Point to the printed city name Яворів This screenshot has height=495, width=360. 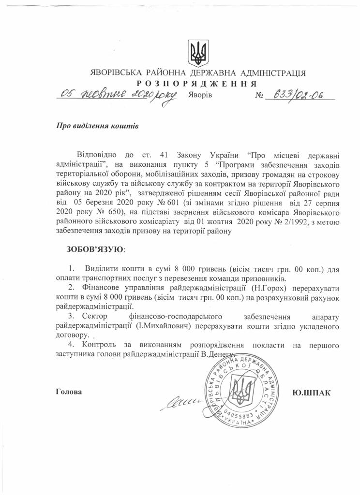(199, 95)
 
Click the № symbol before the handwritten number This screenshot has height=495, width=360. (258, 95)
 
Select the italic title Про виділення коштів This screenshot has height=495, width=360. (98, 126)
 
